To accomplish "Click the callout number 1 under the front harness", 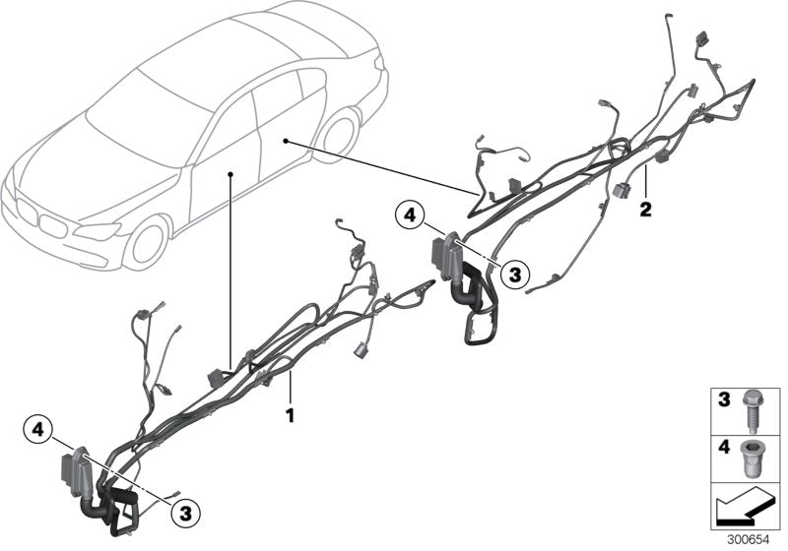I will (290, 415).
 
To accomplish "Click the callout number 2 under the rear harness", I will (645, 209).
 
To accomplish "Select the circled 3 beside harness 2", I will (514, 274).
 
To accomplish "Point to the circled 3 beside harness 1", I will (185, 512).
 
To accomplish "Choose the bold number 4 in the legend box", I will (722, 447).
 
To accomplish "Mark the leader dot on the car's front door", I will (230, 174).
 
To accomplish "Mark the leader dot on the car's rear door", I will (285, 142).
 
